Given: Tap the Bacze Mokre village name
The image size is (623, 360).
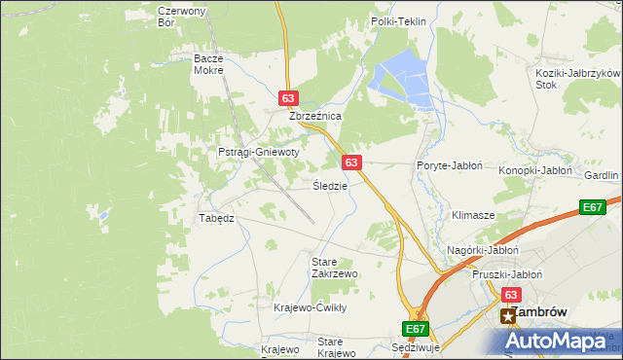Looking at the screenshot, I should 208,64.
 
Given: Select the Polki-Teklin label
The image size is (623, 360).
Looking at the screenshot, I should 399,20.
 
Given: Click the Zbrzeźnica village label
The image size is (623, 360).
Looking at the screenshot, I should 314,115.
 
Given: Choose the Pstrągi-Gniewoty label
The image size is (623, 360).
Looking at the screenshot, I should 258,153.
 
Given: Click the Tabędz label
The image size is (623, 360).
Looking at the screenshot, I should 216,218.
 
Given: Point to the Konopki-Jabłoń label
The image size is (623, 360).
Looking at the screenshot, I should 535,170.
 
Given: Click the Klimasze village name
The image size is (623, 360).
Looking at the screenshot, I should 474,214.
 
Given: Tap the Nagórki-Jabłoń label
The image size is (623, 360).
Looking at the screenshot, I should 480,250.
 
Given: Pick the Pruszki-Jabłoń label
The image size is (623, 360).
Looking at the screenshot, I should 506,274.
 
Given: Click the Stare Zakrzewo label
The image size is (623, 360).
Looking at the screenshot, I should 334,268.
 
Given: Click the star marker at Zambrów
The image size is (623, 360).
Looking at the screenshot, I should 507,315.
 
